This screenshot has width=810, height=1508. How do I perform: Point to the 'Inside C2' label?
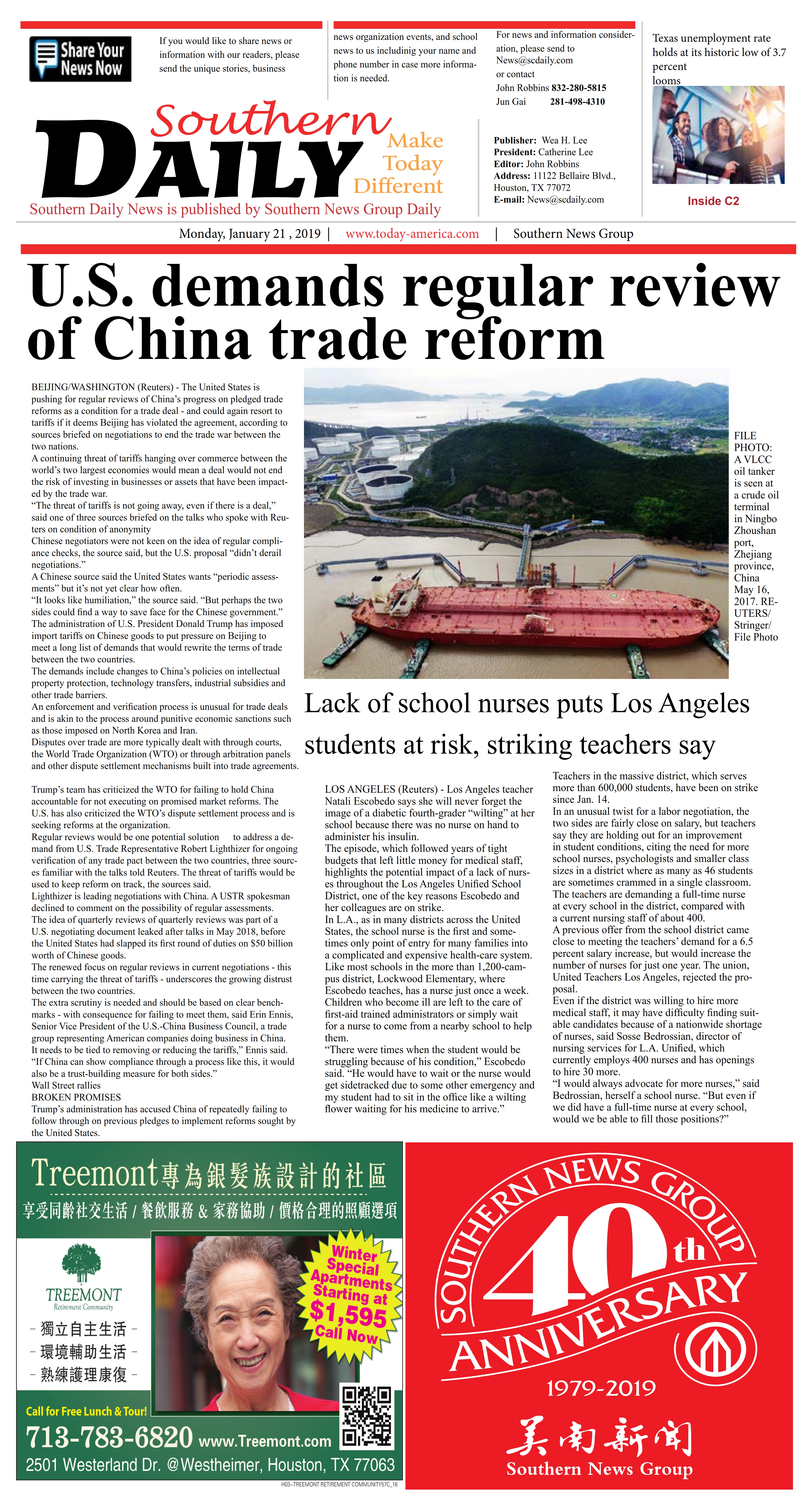coord(713,201)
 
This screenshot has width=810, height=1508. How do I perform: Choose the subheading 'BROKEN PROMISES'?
coord(76,1097)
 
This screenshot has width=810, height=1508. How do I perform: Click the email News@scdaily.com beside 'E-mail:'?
coord(565,200)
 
